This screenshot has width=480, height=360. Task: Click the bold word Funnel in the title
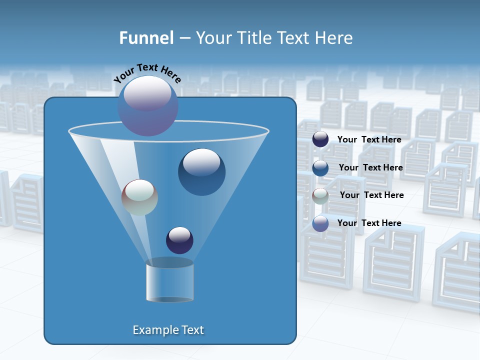click(146, 38)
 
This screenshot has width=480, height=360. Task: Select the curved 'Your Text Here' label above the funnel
click(147, 73)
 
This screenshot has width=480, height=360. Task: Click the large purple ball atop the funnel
click(147, 105)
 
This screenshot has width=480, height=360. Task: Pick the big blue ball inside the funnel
click(201, 171)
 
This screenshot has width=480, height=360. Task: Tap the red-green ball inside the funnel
click(139, 197)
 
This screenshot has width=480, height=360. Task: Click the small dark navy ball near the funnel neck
click(179, 240)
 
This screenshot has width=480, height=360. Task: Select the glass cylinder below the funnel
click(169, 281)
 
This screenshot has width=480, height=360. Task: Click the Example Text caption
click(168, 330)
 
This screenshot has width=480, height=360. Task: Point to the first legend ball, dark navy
click(320, 139)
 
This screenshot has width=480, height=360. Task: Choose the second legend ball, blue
click(320, 168)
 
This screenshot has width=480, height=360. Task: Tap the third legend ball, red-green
click(320, 196)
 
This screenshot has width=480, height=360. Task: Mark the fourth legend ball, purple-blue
click(320, 223)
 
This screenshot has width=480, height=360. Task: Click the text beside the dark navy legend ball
click(369, 140)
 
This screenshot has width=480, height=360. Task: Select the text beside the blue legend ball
click(370, 168)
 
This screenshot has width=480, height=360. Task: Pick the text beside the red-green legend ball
click(371, 195)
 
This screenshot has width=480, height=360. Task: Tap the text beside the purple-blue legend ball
click(369, 223)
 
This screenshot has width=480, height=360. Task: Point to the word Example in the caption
click(151, 330)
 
